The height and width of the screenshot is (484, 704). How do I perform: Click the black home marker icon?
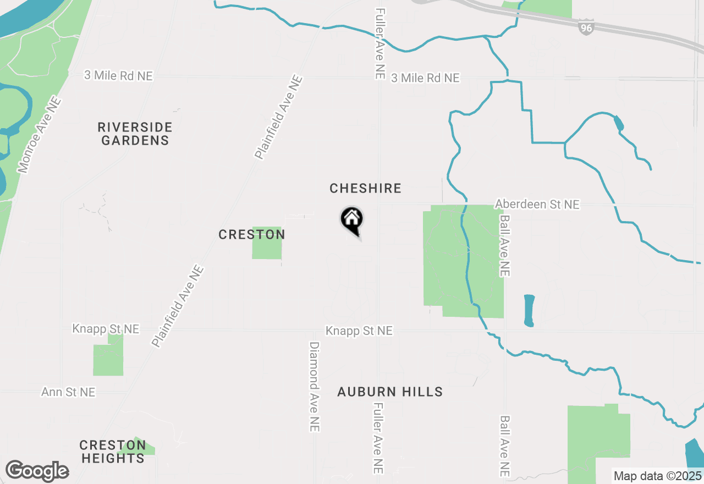(x=352, y=221)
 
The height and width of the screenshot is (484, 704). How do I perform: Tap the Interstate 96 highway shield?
(x=586, y=27)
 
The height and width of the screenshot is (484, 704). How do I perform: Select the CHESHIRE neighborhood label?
(x=365, y=189)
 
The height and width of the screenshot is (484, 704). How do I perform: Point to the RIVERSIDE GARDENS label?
(x=135, y=134)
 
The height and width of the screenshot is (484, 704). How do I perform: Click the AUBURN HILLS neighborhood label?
(x=390, y=392)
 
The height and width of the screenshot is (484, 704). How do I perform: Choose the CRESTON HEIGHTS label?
(x=112, y=452)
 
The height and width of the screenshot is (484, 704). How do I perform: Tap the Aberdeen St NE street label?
(x=537, y=205)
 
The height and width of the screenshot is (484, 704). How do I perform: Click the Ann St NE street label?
(x=68, y=392)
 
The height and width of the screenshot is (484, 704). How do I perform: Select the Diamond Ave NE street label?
(x=314, y=387)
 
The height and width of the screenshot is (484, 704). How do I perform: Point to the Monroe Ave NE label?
(x=38, y=135)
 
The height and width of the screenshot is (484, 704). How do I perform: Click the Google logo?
(x=37, y=471)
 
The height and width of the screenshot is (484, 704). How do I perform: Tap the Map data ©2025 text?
(x=657, y=476)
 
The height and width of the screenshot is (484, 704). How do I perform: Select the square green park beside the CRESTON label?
(x=267, y=243)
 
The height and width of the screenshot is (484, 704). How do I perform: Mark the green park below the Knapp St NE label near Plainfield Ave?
(x=108, y=358)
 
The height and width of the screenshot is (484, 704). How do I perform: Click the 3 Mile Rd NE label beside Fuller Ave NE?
(x=425, y=78)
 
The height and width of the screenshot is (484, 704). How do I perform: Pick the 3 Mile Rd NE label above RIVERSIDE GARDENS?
(x=118, y=75)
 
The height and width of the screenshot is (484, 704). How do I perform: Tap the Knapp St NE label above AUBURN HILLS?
(x=359, y=331)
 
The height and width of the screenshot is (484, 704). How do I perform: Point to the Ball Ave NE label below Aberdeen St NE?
(x=505, y=246)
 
